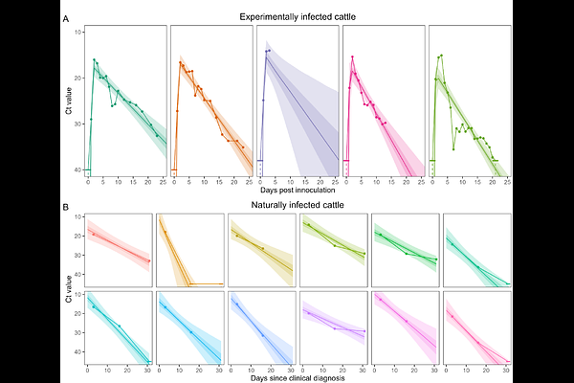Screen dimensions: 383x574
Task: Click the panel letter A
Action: pos(65,19)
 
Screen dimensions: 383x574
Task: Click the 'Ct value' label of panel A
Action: pos(69,103)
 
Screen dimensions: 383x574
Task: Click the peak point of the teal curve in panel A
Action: pos(95,59)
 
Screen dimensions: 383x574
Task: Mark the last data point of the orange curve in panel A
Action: pos(243,147)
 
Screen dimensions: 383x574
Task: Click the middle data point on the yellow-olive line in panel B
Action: pos(262,249)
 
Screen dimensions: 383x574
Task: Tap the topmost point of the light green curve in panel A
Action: pos(442,56)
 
